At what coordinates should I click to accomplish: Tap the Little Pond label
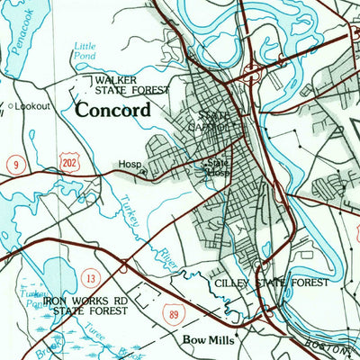pos(85,50)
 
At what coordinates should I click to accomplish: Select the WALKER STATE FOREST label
pos(132,85)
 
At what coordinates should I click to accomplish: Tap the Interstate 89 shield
pos(174,312)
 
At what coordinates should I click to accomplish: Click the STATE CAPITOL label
pos(215,121)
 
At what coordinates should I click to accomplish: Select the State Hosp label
pos(216,168)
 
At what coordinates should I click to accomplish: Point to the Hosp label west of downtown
pos(128,165)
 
